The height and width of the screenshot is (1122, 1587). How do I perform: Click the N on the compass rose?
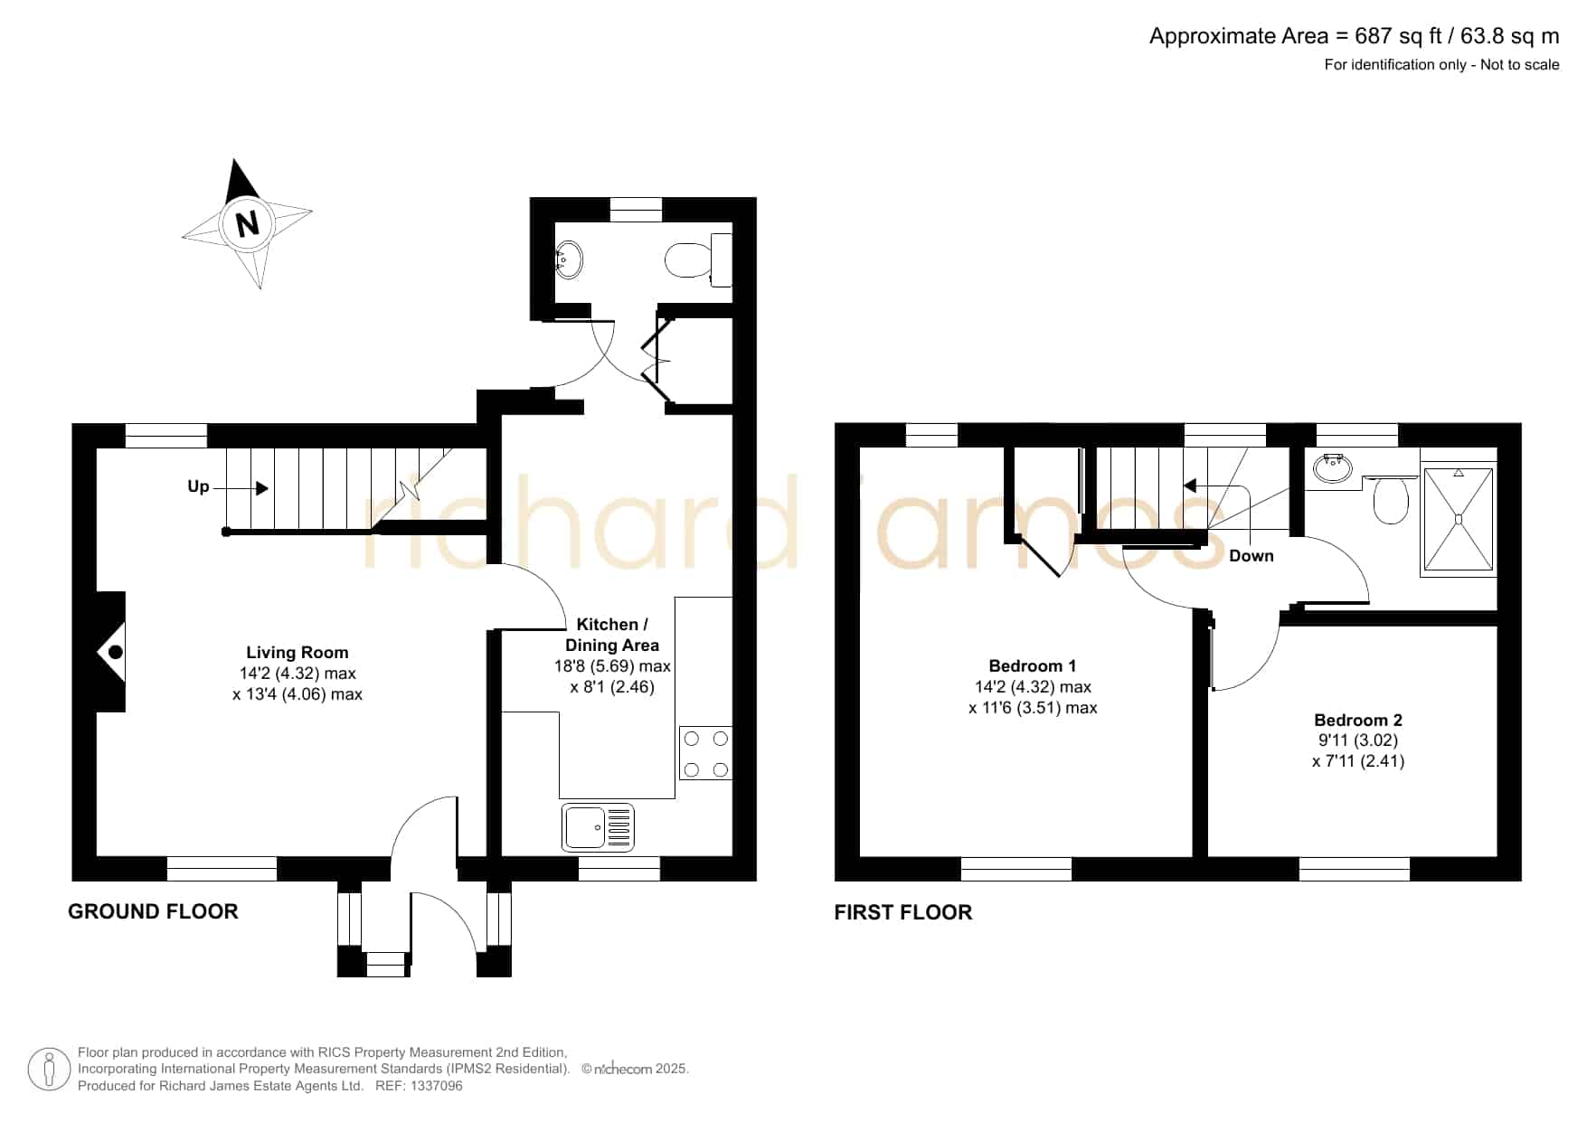pos(247,222)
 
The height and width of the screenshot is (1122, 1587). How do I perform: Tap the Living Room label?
pos(297,653)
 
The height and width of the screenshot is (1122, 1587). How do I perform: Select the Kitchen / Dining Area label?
pos(612,635)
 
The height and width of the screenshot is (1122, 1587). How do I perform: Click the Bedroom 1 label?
pos(1033,666)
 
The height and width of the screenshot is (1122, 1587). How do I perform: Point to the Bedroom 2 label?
pos(1358,721)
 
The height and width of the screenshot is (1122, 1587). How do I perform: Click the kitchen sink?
pos(599,826)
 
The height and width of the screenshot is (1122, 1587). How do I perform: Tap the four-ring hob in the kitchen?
pos(705,753)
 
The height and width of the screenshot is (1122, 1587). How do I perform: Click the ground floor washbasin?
pos(569,259)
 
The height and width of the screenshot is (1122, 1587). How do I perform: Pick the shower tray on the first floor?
pos(1459,519)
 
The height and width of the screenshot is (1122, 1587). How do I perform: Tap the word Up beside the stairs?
pos(198,487)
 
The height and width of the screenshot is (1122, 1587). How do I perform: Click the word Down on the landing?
pos(1252,556)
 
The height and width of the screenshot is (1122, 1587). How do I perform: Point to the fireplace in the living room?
pos(111,652)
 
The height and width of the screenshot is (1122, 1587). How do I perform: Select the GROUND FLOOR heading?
pos(153,911)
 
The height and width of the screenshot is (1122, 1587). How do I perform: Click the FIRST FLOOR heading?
pos(902,912)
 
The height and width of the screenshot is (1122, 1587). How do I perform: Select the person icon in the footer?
pos(49,1070)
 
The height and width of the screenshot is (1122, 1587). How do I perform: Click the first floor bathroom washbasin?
pos(1333,467)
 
